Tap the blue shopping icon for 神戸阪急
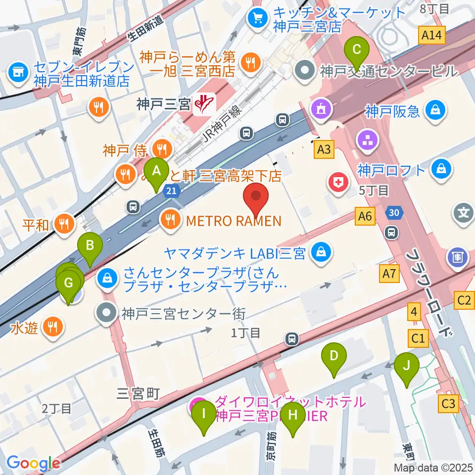click(x=436, y=110)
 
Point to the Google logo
click(x=33, y=463)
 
